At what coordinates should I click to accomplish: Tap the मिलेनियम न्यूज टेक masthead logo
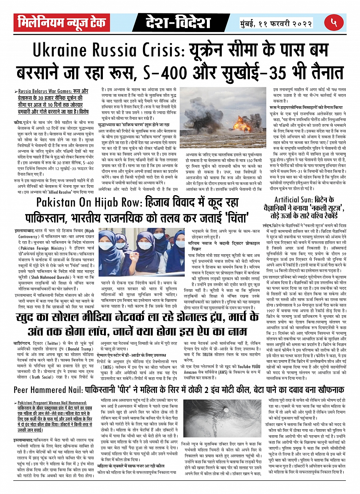pyautogui.click(x=61, y=23)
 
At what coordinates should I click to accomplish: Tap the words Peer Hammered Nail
pyautogui.click(x=51, y=390)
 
